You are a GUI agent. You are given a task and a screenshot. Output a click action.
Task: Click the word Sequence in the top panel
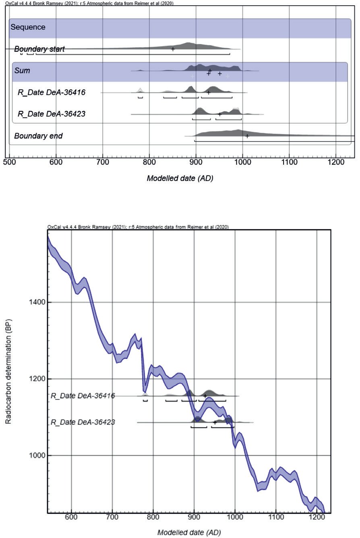[x=28, y=27]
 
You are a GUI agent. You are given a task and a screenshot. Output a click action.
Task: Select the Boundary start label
[x=39, y=49]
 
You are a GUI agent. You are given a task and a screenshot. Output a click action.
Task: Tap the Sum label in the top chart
[x=22, y=71]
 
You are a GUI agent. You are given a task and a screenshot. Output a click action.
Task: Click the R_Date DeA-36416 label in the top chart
[x=52, y=92]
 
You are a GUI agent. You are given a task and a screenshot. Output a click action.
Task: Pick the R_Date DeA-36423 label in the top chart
[x=52, y=114]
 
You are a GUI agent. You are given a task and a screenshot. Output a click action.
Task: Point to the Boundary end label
[x=38, y=136]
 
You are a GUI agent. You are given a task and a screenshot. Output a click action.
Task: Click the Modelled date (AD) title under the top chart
[x=180, y=178]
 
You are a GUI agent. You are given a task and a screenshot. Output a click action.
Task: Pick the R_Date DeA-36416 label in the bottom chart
[x=83, y=396]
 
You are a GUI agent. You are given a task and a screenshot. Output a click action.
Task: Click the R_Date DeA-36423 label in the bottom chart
[x=83, y=422]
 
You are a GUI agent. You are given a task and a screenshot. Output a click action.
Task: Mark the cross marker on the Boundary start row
[x=173, y=49]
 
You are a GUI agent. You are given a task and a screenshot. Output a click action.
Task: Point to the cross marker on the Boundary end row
[x=247, y=136]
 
